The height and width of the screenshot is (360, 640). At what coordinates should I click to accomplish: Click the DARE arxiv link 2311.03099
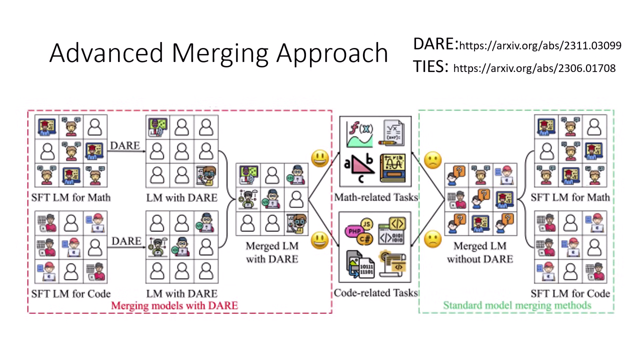[x=540, y=46]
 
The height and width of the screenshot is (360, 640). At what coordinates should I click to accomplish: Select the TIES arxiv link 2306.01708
[x=534, y=67]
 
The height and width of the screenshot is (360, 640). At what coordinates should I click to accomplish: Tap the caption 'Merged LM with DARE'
[x=271, y=252]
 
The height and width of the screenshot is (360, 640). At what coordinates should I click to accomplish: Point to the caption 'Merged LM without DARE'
[x=479, y=252]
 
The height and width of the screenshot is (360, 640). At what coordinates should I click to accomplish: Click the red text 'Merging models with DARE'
[x=174, y=304]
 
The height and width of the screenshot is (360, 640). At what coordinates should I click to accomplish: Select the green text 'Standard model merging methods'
[x=517, y=304]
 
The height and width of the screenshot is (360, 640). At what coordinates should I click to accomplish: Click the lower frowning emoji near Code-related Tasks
[x=432, y=239]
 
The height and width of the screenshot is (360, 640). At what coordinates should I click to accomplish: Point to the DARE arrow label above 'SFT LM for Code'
[x=126, y=241]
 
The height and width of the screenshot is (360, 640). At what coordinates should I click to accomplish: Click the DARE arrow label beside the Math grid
[x=125, y=145]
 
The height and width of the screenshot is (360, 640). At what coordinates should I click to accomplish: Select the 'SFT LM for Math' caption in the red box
[x=70, y=197]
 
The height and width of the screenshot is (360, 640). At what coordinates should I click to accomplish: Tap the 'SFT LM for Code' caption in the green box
[x=570, y=293]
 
